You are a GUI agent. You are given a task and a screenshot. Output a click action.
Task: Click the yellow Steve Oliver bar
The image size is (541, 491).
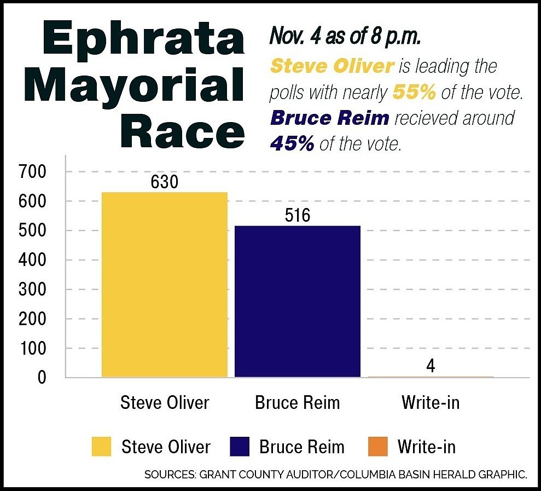click(x=164, y=285)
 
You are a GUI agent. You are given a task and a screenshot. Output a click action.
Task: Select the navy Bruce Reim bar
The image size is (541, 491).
click(x=298, y=301)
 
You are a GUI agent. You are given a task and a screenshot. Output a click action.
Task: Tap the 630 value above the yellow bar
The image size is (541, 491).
click(x=165, y=182)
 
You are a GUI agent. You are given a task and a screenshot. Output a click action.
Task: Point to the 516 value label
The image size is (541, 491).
click(x=298, y=215)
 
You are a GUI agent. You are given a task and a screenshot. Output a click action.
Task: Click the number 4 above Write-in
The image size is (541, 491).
click(x=431, y=366)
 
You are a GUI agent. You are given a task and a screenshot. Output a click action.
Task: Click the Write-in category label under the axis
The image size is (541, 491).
click(x=431, y=403)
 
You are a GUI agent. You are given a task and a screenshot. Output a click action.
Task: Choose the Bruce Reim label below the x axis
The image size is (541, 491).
click(x=298, y=403)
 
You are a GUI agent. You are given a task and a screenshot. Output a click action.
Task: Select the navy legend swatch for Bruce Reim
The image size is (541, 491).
click(x=240, y=447)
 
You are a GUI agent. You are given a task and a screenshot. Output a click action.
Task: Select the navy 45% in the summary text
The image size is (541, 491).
click(x=292, y=143)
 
